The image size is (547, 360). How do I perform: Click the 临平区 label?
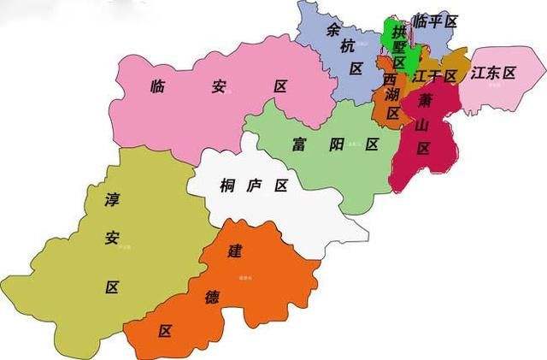point(435,21)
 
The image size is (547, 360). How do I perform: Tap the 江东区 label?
point(493,74)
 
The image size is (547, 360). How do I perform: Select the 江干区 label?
point(434,76)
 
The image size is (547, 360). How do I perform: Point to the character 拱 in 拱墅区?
point(398,32)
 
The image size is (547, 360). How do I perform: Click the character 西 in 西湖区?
point(391,80)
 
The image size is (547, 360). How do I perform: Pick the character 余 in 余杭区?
point(335,30)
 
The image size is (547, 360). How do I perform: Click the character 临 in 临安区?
point(156,86)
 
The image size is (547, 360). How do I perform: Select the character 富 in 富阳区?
point(298,143)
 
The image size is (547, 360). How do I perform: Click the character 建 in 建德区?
point(233,251)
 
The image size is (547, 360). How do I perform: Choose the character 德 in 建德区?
point(212,298)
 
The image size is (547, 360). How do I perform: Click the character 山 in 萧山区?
point(421,125)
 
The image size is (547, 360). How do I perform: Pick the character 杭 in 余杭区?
point(345,49)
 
